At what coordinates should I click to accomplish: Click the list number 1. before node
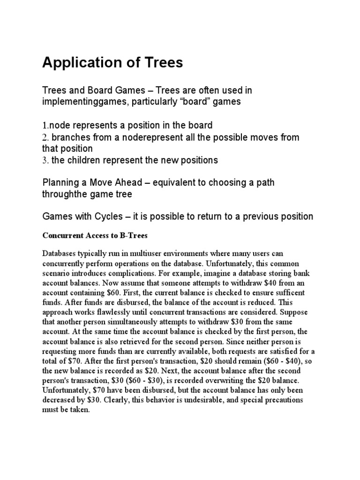click(45, 126)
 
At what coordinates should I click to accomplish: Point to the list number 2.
click(45, 137)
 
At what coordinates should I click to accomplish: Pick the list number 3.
click(45, 160)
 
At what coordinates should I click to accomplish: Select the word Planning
click(61, 182)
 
